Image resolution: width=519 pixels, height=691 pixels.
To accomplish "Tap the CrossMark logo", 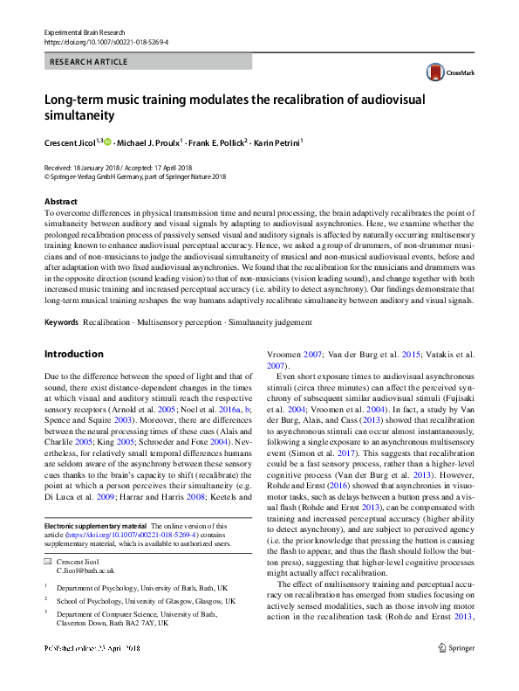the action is tap(436, 73).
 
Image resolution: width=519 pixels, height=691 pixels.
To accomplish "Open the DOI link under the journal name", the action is tap(94, 41).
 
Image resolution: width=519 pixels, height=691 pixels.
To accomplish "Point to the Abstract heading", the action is tap(58, 200).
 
